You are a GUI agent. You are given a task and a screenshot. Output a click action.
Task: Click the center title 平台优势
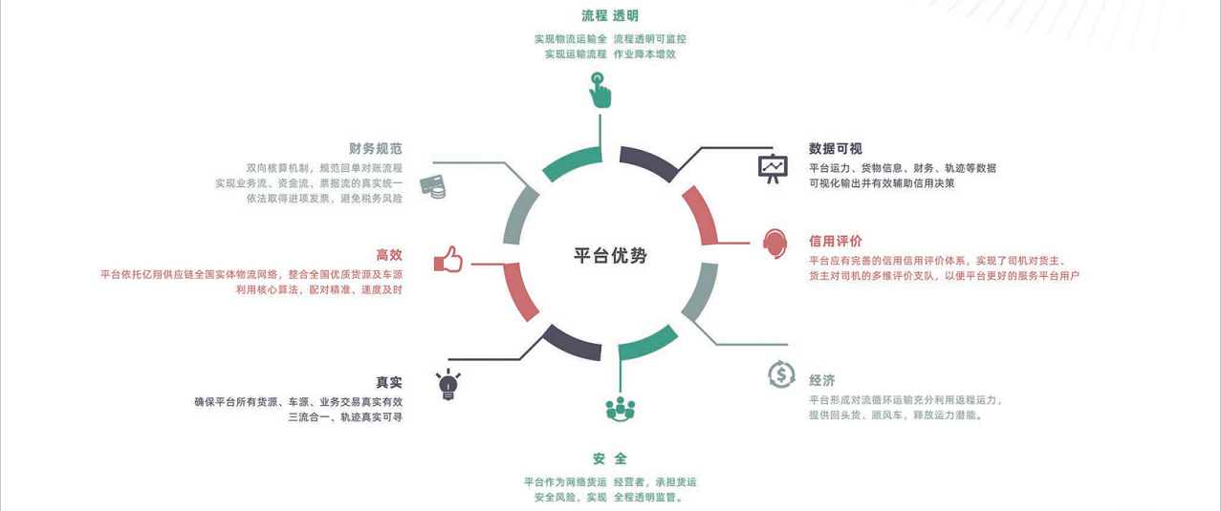610,256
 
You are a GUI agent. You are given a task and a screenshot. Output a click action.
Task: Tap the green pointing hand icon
600,90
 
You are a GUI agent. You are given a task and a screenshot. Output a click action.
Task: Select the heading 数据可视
835,148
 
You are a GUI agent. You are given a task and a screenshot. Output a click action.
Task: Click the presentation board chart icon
772,167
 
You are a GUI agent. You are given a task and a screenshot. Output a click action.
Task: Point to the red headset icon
774,243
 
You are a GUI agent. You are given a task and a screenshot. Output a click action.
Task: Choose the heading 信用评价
835,241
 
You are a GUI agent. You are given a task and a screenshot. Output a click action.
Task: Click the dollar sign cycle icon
781,374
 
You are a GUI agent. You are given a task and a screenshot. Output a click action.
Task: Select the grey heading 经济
822,380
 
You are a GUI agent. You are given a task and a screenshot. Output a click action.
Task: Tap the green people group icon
621,408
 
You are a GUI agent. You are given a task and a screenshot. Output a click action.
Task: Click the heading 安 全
610,459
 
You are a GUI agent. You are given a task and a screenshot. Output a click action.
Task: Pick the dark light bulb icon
447,384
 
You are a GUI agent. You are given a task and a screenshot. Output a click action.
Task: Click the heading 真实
389,382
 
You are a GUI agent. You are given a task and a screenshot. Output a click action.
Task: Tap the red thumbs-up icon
447,259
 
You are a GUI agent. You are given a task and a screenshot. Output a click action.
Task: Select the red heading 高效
389,255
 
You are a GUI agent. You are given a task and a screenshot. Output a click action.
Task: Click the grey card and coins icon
433,186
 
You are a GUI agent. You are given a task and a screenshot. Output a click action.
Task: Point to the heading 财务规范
376,148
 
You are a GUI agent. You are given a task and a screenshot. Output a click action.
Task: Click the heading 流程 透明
610,16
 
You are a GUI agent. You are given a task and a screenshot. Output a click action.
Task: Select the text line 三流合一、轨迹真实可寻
345,417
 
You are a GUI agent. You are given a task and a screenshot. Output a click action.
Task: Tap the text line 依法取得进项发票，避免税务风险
324,199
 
